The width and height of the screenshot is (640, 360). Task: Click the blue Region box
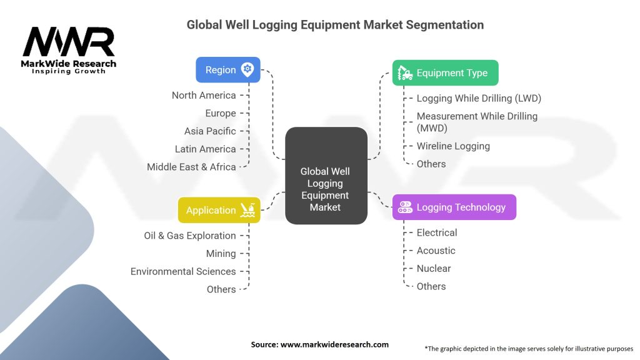tap(227, 70)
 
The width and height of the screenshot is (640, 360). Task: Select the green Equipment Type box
tap(445, 72)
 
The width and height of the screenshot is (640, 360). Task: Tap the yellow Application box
tap(219, 210)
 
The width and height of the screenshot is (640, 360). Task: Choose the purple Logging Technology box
tap(454, 207)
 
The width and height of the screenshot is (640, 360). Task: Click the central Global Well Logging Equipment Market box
tap(326, 176)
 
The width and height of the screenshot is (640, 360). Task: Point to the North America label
tap(204, 96)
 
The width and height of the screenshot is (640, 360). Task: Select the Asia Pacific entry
tap(210, 131)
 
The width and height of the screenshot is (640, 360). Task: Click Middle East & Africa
tap(191, 167)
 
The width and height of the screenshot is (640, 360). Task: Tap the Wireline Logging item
tap(453, 146)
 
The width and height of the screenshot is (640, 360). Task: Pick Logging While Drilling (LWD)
tap(479, 98)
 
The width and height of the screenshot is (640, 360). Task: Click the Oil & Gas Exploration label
tap(190, 236)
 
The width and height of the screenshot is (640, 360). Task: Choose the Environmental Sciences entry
tap(183, 271)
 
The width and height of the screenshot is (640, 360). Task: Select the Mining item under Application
tap(221, 254)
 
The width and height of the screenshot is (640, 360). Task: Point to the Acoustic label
tap(436, 251)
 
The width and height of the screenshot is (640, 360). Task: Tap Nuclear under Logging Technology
tap(433, 268)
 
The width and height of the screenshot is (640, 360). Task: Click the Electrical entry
tap(437, 232)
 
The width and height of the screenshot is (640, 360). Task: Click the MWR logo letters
tap(69, 42)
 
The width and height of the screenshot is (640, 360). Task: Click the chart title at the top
tap(335, 25)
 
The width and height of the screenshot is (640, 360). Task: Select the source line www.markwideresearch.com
tap(320, 344)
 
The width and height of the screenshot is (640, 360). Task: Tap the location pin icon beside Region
tap(247, 70)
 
